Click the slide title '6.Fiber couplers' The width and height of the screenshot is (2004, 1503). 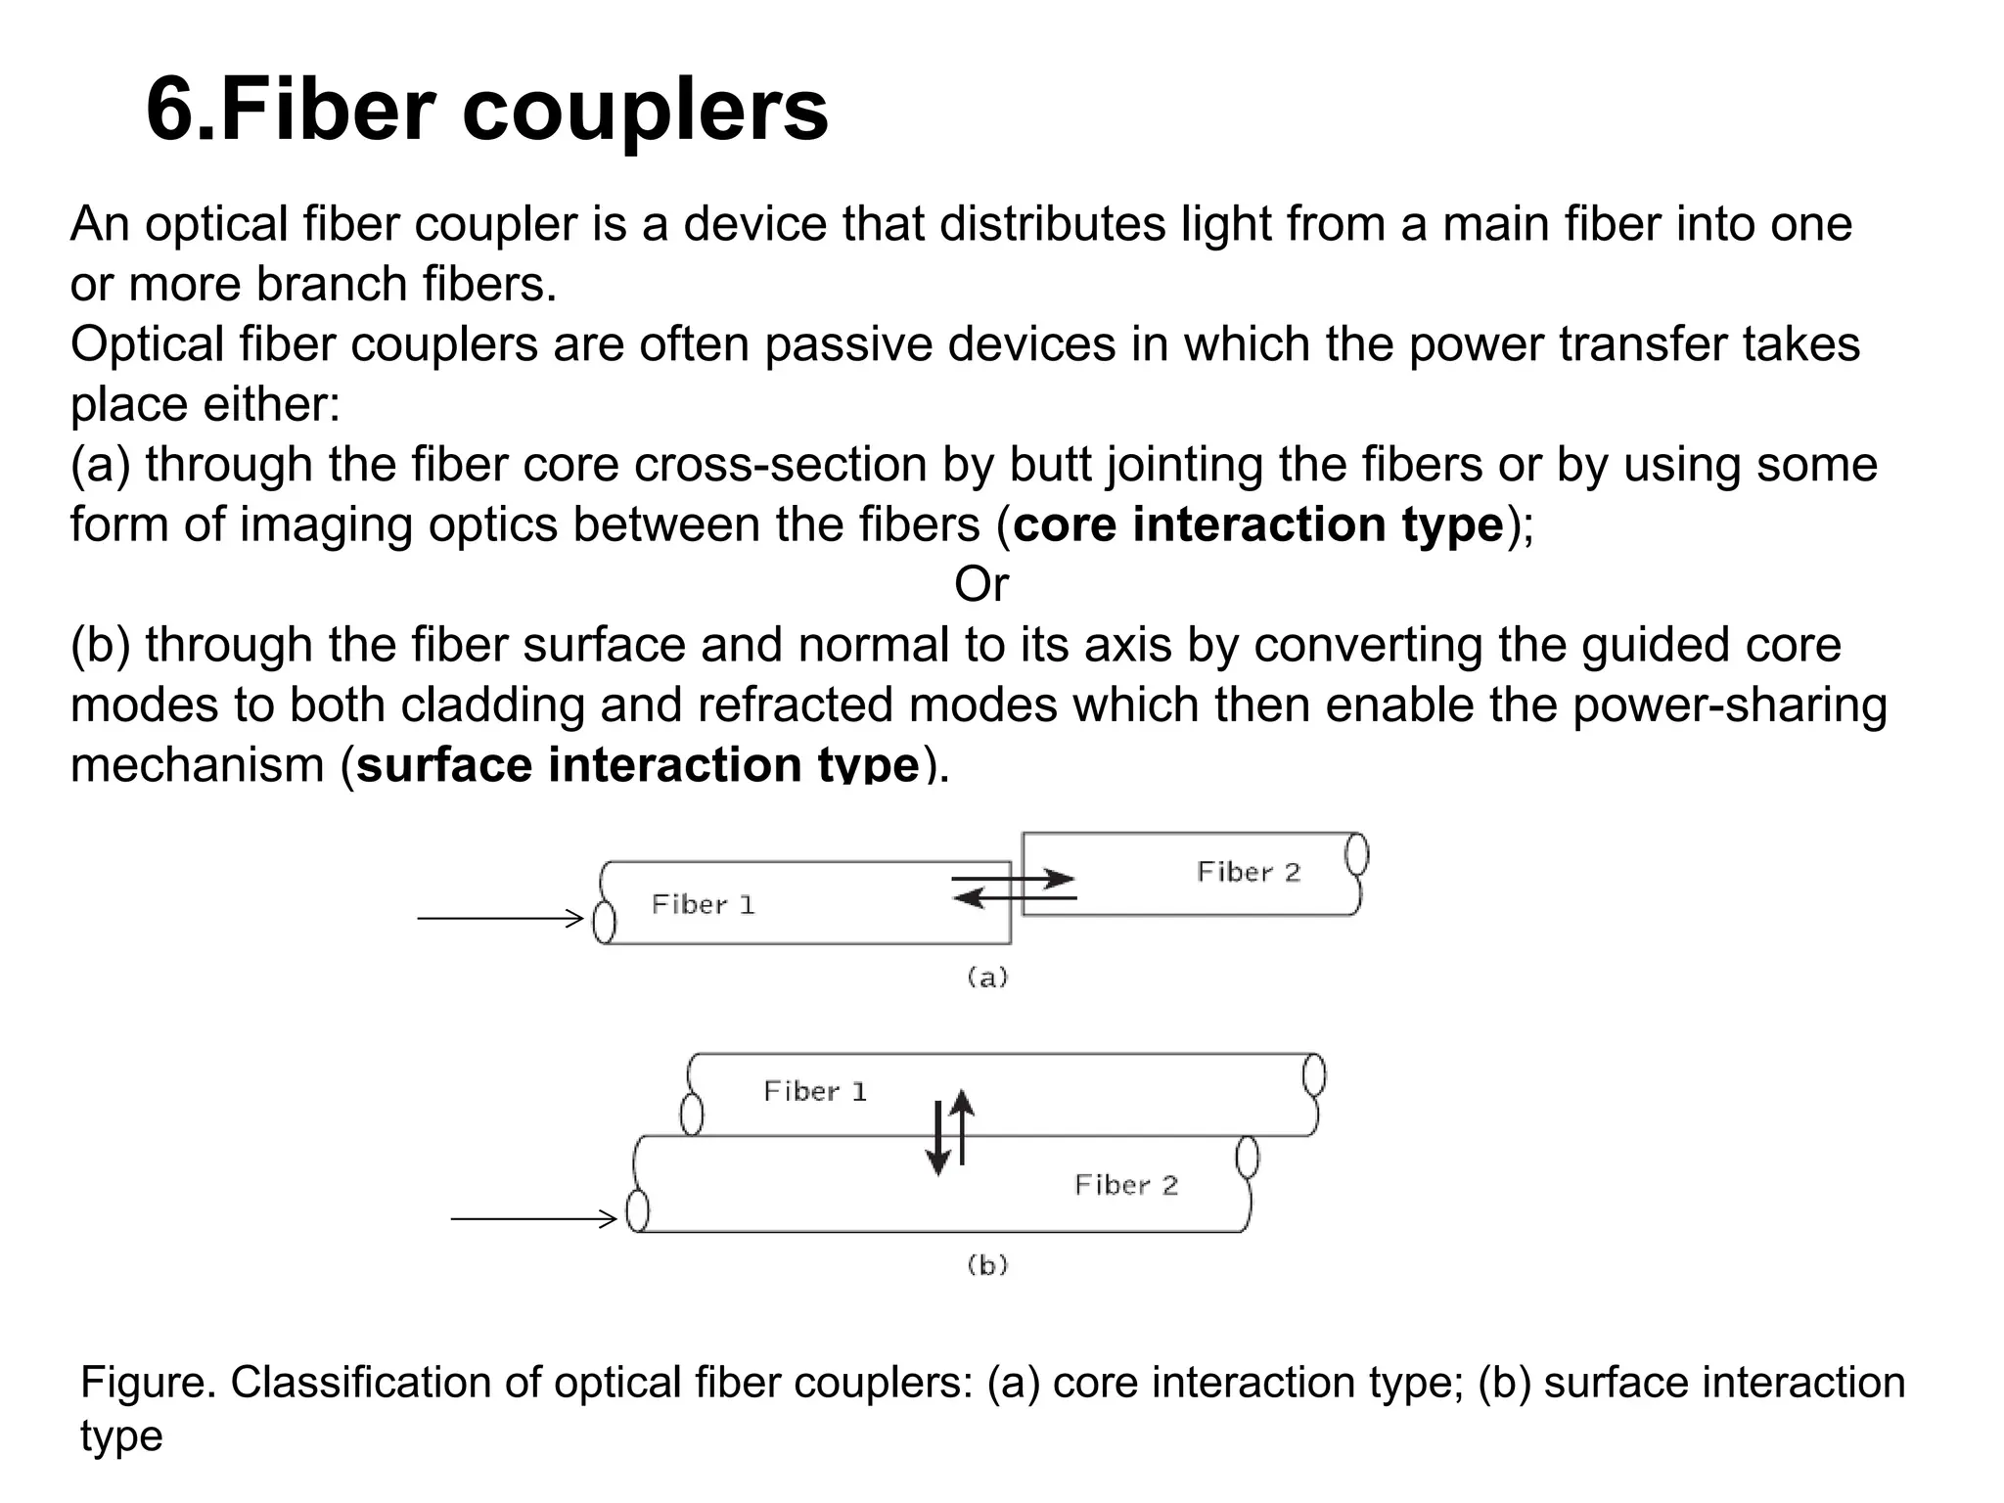(x=486, y=110)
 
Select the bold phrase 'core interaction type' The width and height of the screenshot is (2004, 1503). (x=1257, y=524)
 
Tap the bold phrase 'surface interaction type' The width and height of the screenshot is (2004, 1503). (x=638, y=764)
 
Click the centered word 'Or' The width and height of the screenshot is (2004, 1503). (x=980, y=585)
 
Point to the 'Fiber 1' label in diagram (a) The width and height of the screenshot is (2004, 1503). (x=703, y=905)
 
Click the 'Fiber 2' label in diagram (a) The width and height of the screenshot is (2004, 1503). (x=1249, y=872)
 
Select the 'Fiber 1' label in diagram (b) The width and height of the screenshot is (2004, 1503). (x=814, y=1091)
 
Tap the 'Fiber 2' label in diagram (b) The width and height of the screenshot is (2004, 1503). (x=1125, y=1185)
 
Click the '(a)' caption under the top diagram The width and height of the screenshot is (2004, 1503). (x=986, y=977)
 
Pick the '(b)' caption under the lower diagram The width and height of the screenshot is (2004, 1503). (x=986, y=1265)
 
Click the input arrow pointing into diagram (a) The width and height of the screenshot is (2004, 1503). (x=500, y=918)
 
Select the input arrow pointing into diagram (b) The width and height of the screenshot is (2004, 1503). (x=533, y=1218)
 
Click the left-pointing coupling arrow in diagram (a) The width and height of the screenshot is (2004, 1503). (x=1013, y=897)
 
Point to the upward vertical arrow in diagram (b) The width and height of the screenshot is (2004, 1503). (x=963, y=1125)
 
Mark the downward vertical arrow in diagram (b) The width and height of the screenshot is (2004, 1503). (x=937, y=1141)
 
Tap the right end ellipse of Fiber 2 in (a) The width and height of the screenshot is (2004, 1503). (x=1356, y=854)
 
